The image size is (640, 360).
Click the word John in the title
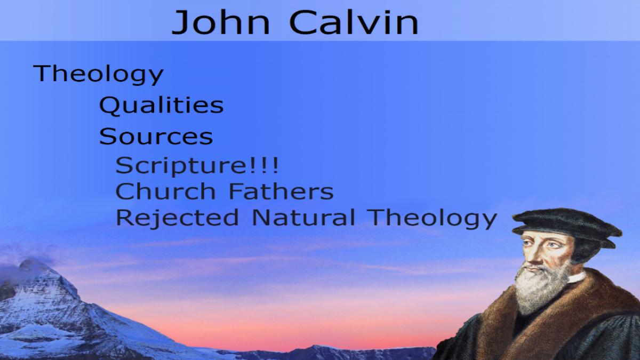point(221,22)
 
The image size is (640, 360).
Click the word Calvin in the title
point(354,22)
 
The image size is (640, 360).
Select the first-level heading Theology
point(98,74)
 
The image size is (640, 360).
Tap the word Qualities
point(161,106)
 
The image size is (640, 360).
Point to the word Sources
point(156,137)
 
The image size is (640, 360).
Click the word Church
point(165,191)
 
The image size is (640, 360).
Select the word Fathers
point(282,191)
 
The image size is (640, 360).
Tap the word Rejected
point(177,218)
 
